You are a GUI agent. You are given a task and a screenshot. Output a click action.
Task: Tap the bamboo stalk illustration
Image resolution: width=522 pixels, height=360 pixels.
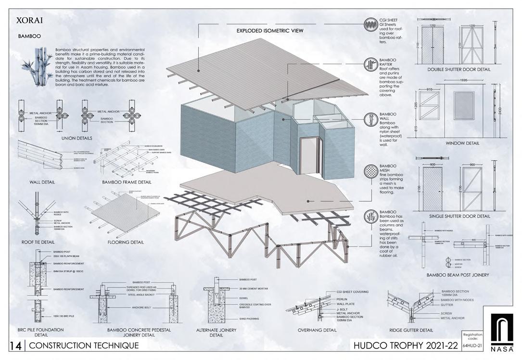click(38, 67)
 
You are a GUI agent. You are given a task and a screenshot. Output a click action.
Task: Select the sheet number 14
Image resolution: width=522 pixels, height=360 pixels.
click(15, 345)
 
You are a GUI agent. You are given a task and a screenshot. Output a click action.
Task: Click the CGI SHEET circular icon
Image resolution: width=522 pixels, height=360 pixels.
click(370, 24)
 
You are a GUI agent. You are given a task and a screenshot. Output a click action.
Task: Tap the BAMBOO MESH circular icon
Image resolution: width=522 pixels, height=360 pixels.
click(370, 171)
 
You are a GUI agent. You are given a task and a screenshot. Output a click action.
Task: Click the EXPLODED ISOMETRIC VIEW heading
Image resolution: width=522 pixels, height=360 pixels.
click(269, 31)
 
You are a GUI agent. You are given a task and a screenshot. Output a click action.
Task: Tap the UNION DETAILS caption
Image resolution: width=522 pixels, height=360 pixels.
click(77, 138)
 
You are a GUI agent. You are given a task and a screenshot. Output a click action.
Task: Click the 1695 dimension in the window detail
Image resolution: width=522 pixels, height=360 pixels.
click(463, 80)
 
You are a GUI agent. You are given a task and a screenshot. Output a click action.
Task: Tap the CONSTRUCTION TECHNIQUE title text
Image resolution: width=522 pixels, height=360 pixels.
click(84, 345)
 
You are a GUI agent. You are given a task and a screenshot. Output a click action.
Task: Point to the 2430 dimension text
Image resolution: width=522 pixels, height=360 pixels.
click(502, 109)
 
